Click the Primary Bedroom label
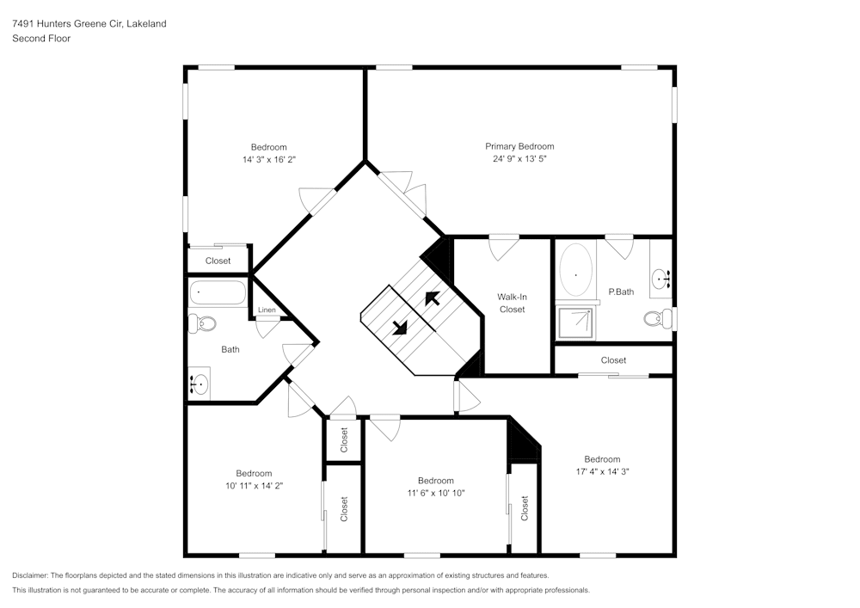coord(519,146)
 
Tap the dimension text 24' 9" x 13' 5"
coord(519,159)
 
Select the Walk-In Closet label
coord(512,303)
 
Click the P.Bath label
coord(621,292)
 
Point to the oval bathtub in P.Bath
coord(575,270)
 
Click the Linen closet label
coord(267,310)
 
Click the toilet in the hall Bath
coord(203,324)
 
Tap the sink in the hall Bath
coord(200,383)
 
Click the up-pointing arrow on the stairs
coord(432,298)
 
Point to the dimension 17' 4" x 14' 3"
coord(602,471)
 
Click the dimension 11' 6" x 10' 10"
coord(435,493)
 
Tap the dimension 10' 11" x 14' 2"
coord(254,485)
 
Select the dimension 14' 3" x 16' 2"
coord(269,160)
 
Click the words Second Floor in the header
coord(41,39)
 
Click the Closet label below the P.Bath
coord(613,360)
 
